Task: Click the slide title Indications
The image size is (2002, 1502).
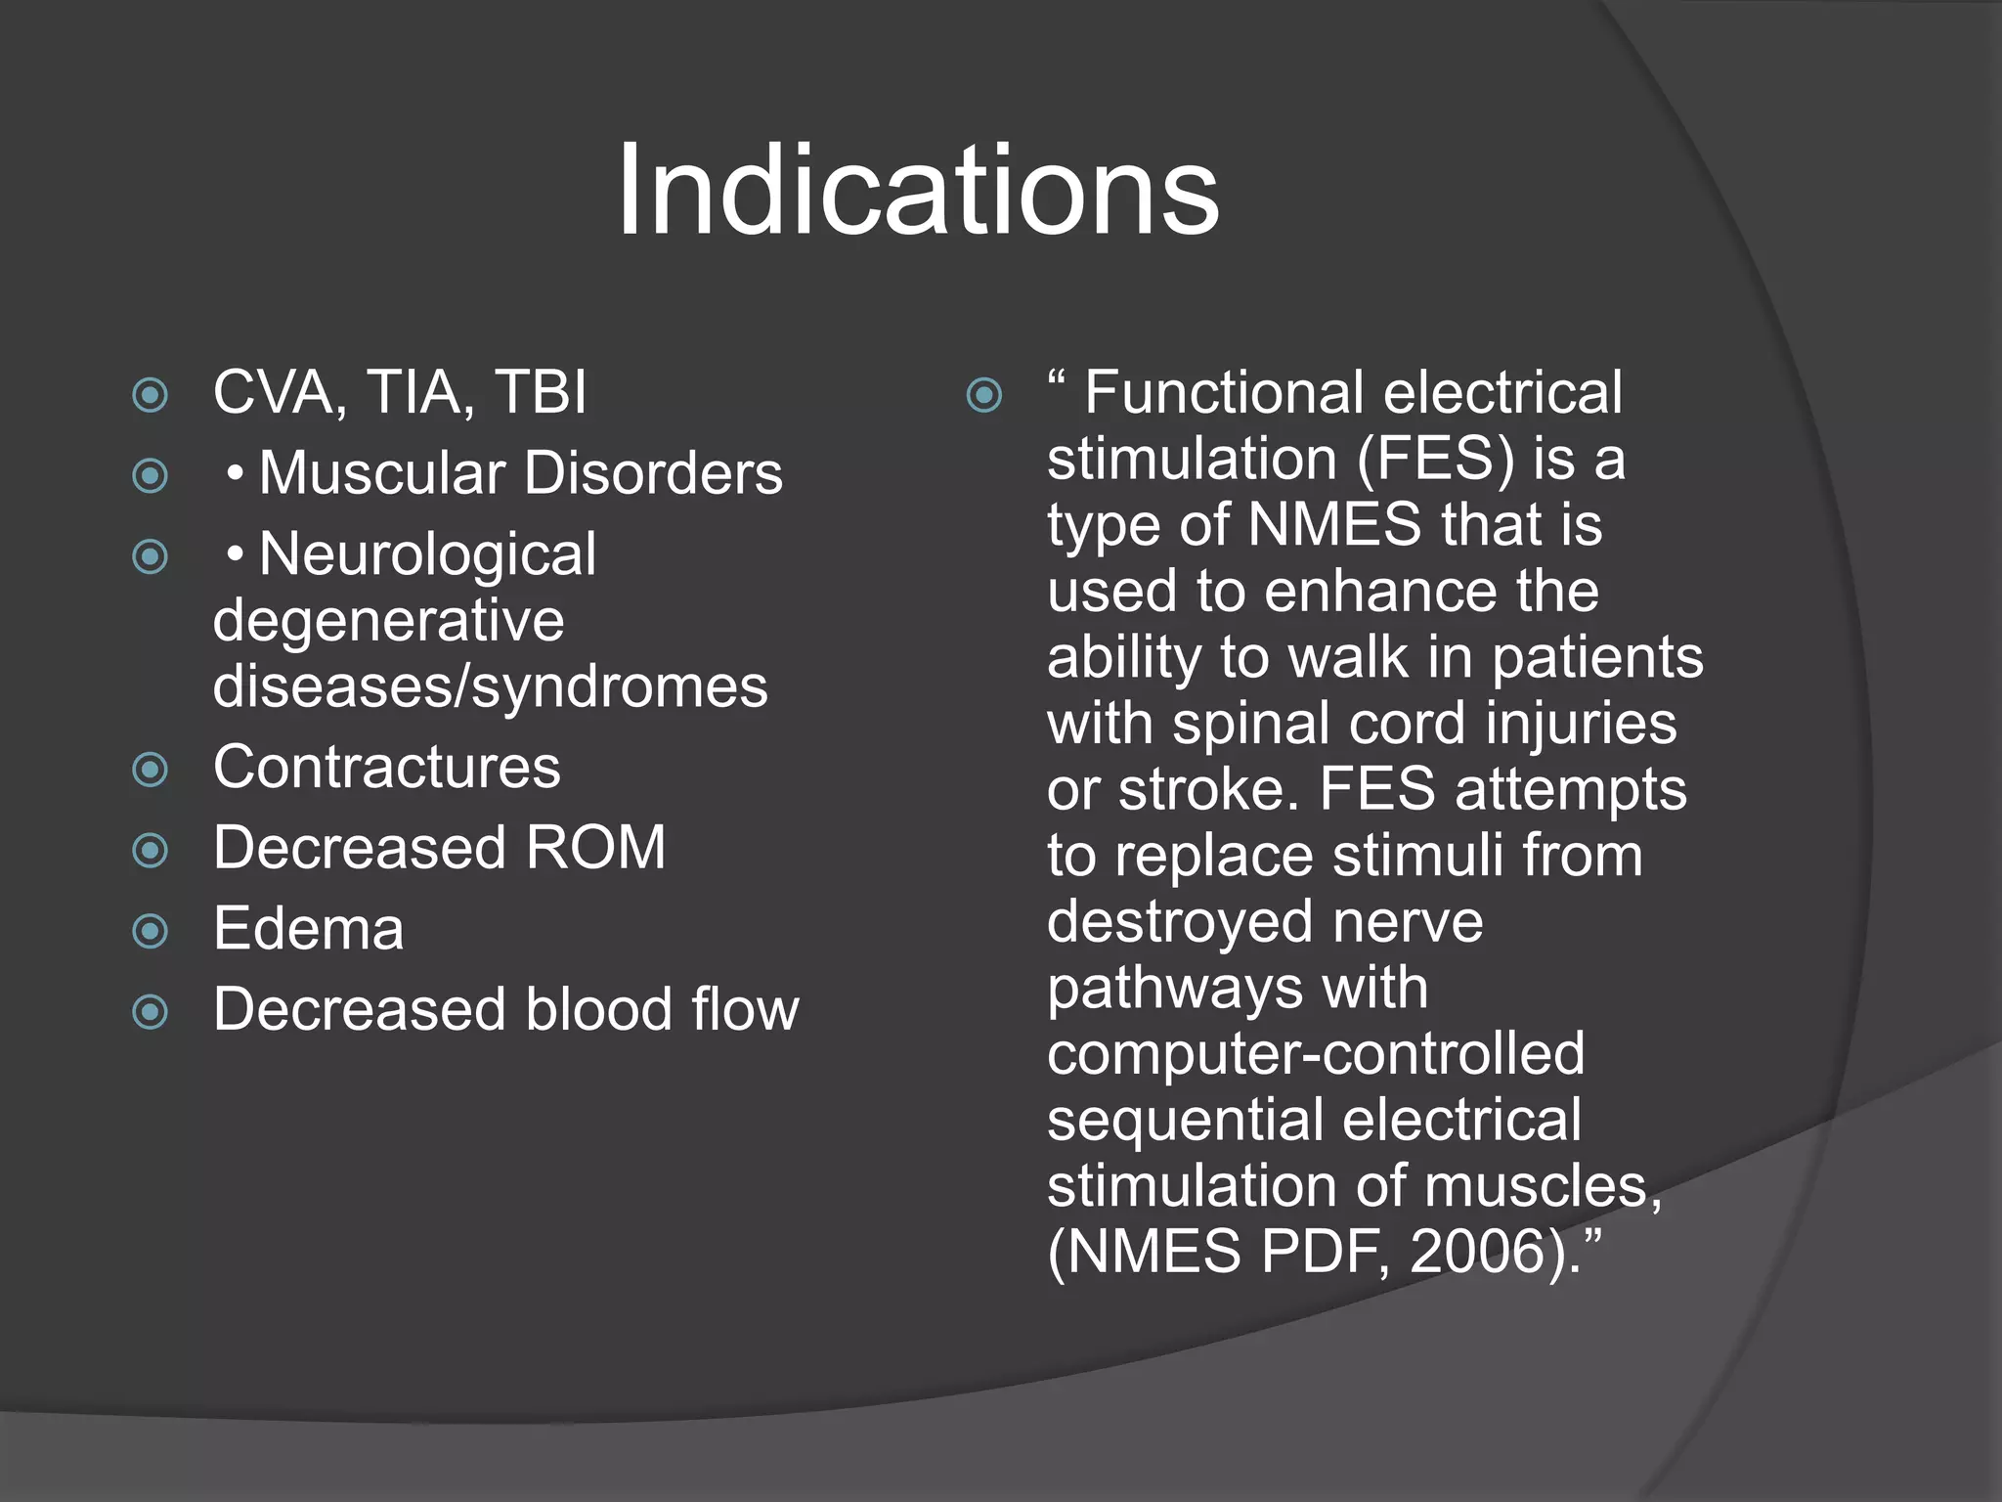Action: pos(917,190)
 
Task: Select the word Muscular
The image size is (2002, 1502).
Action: pos(381,474)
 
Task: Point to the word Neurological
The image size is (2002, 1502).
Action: pos(427,554)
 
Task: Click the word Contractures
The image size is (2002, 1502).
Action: pos(387,768)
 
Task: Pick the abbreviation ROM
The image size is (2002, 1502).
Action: pos(595,848)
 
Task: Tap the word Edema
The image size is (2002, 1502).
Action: pos(308,929)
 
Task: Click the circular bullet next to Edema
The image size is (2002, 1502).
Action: pos(151,931)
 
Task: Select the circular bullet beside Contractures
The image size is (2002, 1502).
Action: pos(151,770)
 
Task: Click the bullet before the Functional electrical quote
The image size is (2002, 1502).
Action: pos(983,396)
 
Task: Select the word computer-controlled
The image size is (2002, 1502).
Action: pos(1316,1054)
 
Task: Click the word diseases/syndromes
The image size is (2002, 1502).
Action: pos(491,687)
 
